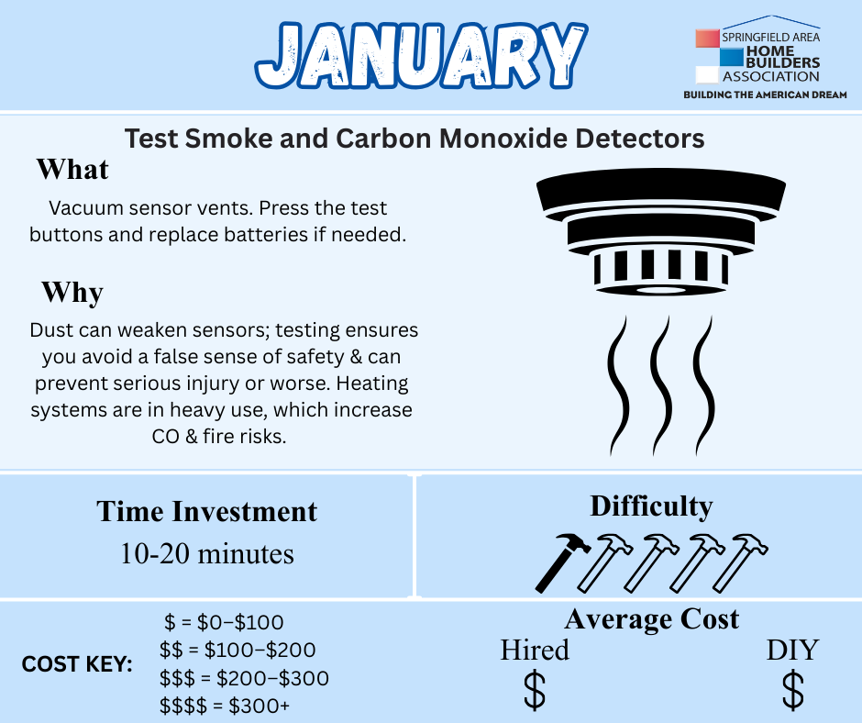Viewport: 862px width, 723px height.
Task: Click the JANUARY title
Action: (422, 55)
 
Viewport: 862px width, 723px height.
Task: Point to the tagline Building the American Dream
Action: (765, 95)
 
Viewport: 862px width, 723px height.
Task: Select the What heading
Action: (72, 169)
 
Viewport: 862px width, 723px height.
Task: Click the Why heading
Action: (72, 292)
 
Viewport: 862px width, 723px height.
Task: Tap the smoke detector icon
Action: (661, 231)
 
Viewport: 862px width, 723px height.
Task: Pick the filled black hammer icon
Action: (562, 562)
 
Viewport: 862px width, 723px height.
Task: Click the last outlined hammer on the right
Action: (740, 562)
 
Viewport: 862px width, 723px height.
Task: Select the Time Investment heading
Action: (206, 511)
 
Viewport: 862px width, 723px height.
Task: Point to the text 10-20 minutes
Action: (206, 553)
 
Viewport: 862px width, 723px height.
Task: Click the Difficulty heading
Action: (651, 506)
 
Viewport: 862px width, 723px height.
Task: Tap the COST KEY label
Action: (77, 664)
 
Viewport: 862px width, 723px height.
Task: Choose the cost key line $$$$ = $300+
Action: (225, 706)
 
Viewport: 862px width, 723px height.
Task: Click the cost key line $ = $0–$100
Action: (224, 622)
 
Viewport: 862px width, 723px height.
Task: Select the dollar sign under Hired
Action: (535, 690)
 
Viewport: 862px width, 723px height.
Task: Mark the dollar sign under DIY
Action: (792, 690)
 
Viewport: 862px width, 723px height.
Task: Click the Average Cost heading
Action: (651, 619)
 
